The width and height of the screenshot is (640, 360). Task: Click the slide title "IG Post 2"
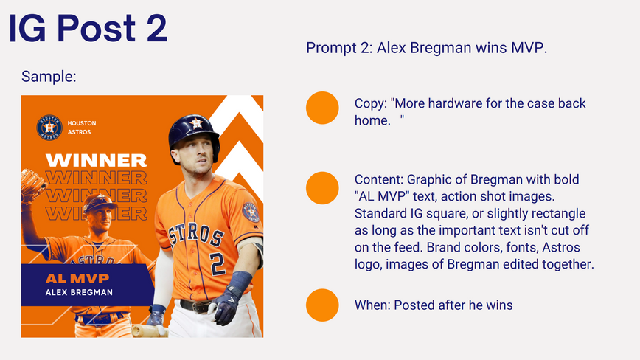[88, 28]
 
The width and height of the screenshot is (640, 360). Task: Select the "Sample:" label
[49, 76]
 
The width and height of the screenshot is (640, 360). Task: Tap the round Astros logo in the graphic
[49, 128]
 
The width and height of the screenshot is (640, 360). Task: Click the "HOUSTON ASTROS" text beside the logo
[82, 128]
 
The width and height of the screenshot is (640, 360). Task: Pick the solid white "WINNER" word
[96, 160]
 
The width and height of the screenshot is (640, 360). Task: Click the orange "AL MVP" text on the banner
[77, 278]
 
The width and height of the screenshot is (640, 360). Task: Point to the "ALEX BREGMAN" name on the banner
[79, 292]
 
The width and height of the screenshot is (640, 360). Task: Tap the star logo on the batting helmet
[196, 122]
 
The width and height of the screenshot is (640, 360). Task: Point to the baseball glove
[32, 184]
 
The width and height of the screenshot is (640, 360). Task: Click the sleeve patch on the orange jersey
[250, 212]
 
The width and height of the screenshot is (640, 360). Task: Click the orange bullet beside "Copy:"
[322, 108]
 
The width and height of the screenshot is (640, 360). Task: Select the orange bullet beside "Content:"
[322, 188]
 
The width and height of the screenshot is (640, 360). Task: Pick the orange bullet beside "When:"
[322, 305]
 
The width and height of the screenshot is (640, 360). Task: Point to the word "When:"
[372, 305]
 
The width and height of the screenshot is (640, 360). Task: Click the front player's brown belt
[196, 305]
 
